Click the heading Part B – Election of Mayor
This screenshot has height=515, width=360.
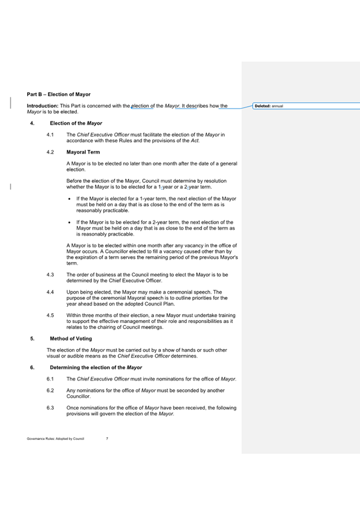point(58,94)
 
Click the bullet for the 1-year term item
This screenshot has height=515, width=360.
point(69,199)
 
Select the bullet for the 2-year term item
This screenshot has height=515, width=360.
point(69,222)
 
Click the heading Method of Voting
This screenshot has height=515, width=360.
point(71,339)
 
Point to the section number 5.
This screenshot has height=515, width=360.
point(32,339)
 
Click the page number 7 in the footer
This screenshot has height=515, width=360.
point(107,438)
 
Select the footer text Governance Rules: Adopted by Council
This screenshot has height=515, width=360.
point(55,438)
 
